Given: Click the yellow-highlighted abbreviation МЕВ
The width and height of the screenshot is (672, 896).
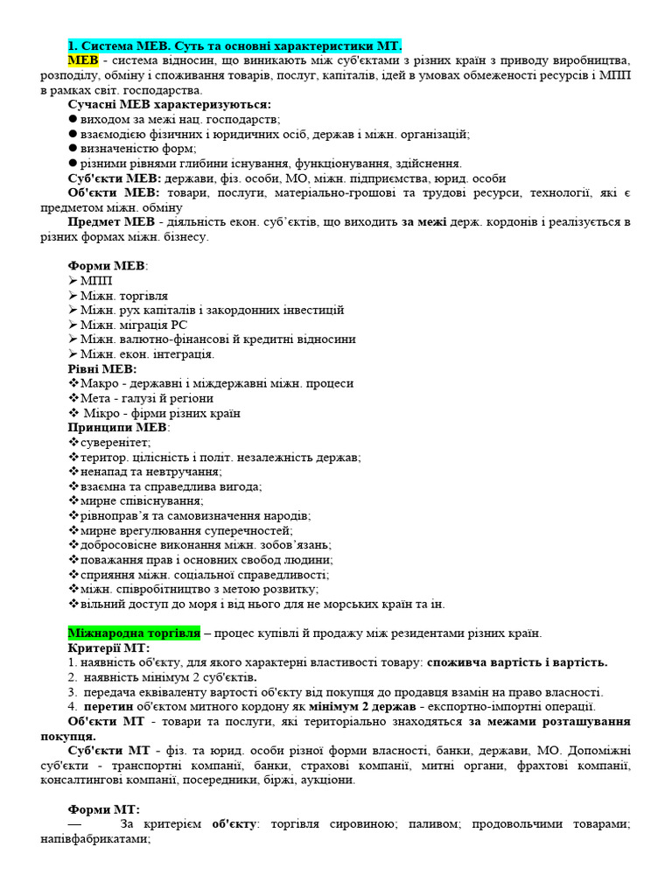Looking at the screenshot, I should point(83,59).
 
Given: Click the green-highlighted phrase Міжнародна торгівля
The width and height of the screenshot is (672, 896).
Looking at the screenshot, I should point(134,632).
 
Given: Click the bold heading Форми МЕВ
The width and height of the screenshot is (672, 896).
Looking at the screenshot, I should point(107,265).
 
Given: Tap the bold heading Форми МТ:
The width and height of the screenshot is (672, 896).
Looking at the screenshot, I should point(103,809).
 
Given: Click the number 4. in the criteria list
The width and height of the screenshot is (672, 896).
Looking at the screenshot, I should point(73,706).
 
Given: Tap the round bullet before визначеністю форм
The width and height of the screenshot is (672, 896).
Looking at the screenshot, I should point(73,149).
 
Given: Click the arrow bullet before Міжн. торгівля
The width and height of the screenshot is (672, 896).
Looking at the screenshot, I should point(73,295).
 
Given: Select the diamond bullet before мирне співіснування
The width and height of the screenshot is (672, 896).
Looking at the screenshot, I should point(73,500).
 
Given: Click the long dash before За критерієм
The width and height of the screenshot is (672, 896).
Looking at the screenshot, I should point(75,824).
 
